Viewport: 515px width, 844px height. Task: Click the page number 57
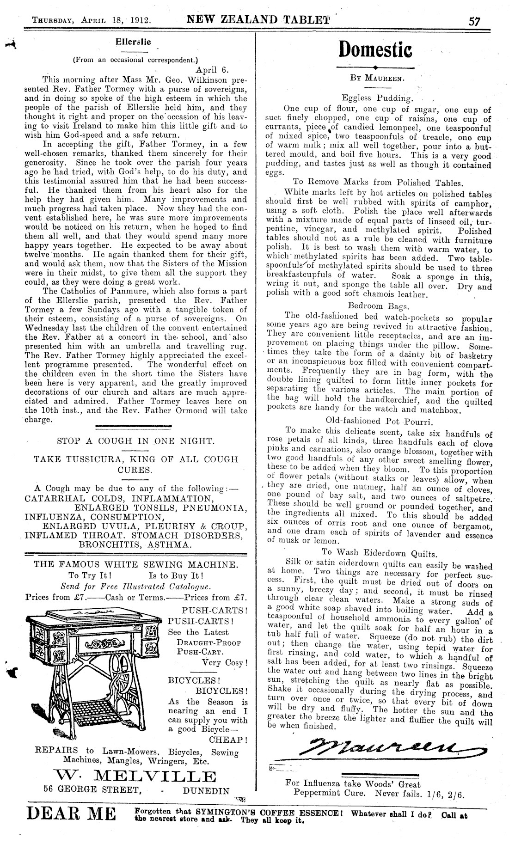coord(474,21)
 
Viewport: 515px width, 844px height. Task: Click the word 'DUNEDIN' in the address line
coord(206,790)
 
